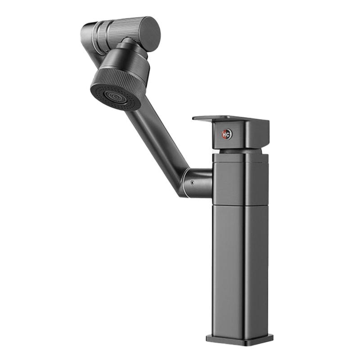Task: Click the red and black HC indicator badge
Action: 227,134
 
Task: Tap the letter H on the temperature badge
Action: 225,134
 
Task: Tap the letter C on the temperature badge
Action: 229,134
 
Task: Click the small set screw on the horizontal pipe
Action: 192,183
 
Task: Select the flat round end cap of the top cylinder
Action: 150,31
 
